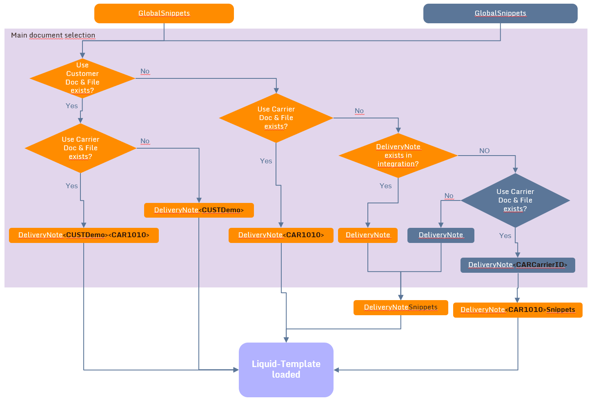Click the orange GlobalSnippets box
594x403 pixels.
(x=164, y=13)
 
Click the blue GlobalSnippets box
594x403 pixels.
(x=500, y=13)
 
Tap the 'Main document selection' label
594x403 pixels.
(x=53, y=35)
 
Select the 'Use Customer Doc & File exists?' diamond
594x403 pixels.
(x=82, y=78)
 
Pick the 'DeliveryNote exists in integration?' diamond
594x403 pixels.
(x=398, y=156)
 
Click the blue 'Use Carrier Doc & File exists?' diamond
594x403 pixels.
(x=515, y=200)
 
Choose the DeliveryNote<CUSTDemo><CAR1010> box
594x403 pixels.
(x=84, y=235)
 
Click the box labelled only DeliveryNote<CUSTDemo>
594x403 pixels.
(x=199, y=210)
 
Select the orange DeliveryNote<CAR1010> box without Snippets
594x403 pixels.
(x=281, y=235)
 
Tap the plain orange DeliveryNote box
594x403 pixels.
(x=367, y=235)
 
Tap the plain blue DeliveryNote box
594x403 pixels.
(x=440, y=235)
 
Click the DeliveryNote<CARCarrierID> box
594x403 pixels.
(x=518, y=265)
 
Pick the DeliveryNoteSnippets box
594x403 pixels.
(x=400, y=307)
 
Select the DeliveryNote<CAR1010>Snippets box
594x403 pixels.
(x=518, y=310)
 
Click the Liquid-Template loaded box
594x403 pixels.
(x=286, y=370)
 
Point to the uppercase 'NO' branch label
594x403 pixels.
(x=484, y=151)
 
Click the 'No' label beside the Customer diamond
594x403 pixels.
(x=145, y=71)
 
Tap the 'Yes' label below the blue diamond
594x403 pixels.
(x=505, y=236)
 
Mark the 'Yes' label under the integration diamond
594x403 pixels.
(x=385, y=186)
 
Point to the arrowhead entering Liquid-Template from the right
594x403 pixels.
(x=336, y=370)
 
